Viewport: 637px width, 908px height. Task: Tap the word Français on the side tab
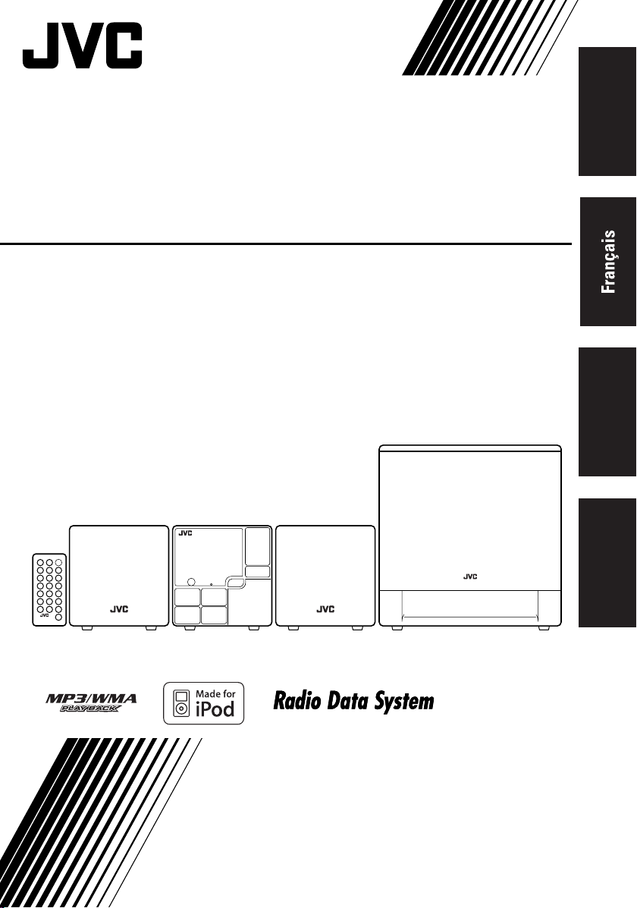pos(609,262)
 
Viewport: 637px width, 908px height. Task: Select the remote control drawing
pos(50,590)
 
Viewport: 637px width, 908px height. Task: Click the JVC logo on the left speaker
pos(119,609)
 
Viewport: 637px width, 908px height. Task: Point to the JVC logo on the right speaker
pos(325,609)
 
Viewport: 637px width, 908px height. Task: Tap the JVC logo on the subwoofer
pos(469,577)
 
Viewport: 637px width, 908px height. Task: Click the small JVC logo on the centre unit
pos(185,533)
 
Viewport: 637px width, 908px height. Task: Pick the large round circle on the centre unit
pos(192,581)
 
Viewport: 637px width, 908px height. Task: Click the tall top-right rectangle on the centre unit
pos(257,546)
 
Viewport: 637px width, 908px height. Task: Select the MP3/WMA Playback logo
pos(92,703)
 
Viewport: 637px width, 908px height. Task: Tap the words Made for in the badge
pos(215,693)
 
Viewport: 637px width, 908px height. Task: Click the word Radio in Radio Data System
pos(298,702)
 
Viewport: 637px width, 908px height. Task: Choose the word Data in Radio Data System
pos(349,702)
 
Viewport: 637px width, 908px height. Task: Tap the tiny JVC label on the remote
pos(44,615)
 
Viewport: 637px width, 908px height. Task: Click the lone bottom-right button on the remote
pos(58,618)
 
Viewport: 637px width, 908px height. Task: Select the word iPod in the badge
pos(215,708)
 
